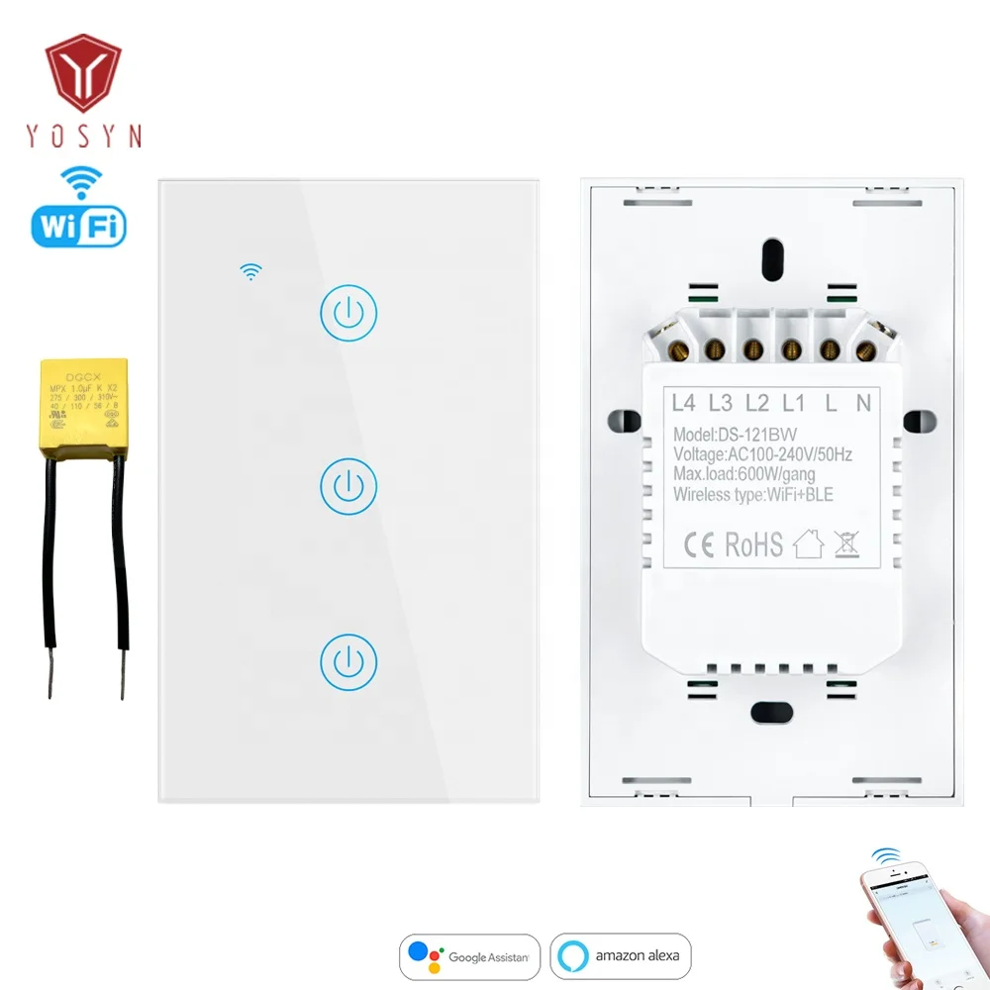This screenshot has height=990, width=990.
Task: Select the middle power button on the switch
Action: point(348,485)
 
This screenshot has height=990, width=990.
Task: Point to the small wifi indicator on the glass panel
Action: point(251,271)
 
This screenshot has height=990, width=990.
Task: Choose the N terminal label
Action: point(863,403)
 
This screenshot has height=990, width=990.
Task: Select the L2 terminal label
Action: point(757,403)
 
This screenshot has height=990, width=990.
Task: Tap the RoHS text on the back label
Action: point(754,544)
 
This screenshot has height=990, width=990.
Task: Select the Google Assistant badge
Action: point(469,956)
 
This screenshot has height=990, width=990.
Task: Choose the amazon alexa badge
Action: point(620,956)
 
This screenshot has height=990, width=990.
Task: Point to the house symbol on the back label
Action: point(809,544)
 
